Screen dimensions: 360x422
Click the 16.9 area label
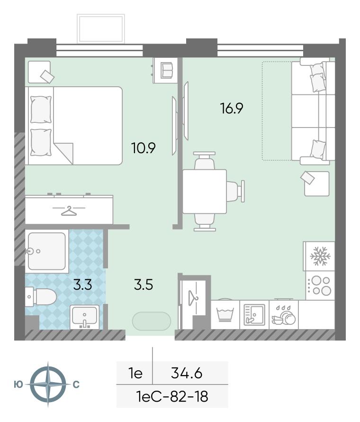232,108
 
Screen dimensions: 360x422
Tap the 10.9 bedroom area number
144,148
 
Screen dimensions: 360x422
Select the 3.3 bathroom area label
82,284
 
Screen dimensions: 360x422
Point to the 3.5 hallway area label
144,284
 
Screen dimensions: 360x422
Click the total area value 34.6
187,373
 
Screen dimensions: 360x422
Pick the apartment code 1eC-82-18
172,396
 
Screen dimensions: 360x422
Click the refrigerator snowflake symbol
320,256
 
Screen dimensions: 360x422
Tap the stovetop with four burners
320,285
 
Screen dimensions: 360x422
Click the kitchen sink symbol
254,315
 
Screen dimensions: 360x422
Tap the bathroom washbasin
84,317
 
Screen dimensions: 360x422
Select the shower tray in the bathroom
47,251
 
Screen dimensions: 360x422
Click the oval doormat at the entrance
152,321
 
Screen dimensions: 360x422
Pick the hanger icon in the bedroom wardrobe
69,211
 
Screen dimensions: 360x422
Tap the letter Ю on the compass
18,385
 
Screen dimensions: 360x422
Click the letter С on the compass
76,385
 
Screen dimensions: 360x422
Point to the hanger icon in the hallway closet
193,297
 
